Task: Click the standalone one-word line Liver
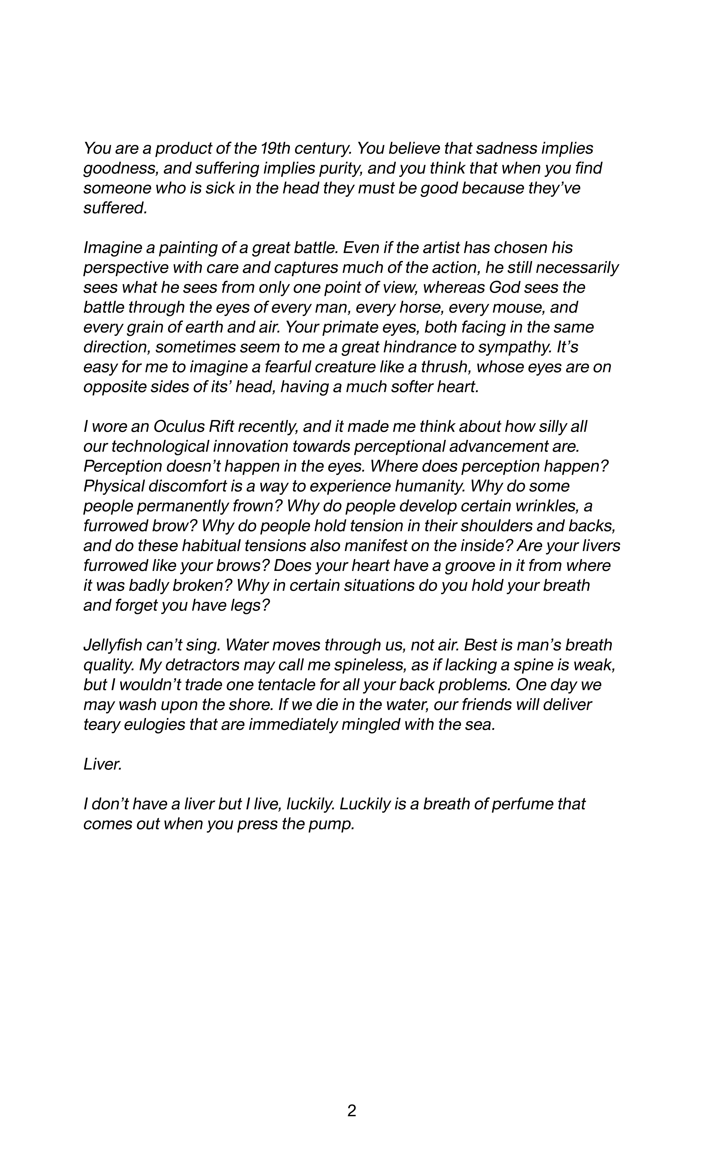102,764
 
